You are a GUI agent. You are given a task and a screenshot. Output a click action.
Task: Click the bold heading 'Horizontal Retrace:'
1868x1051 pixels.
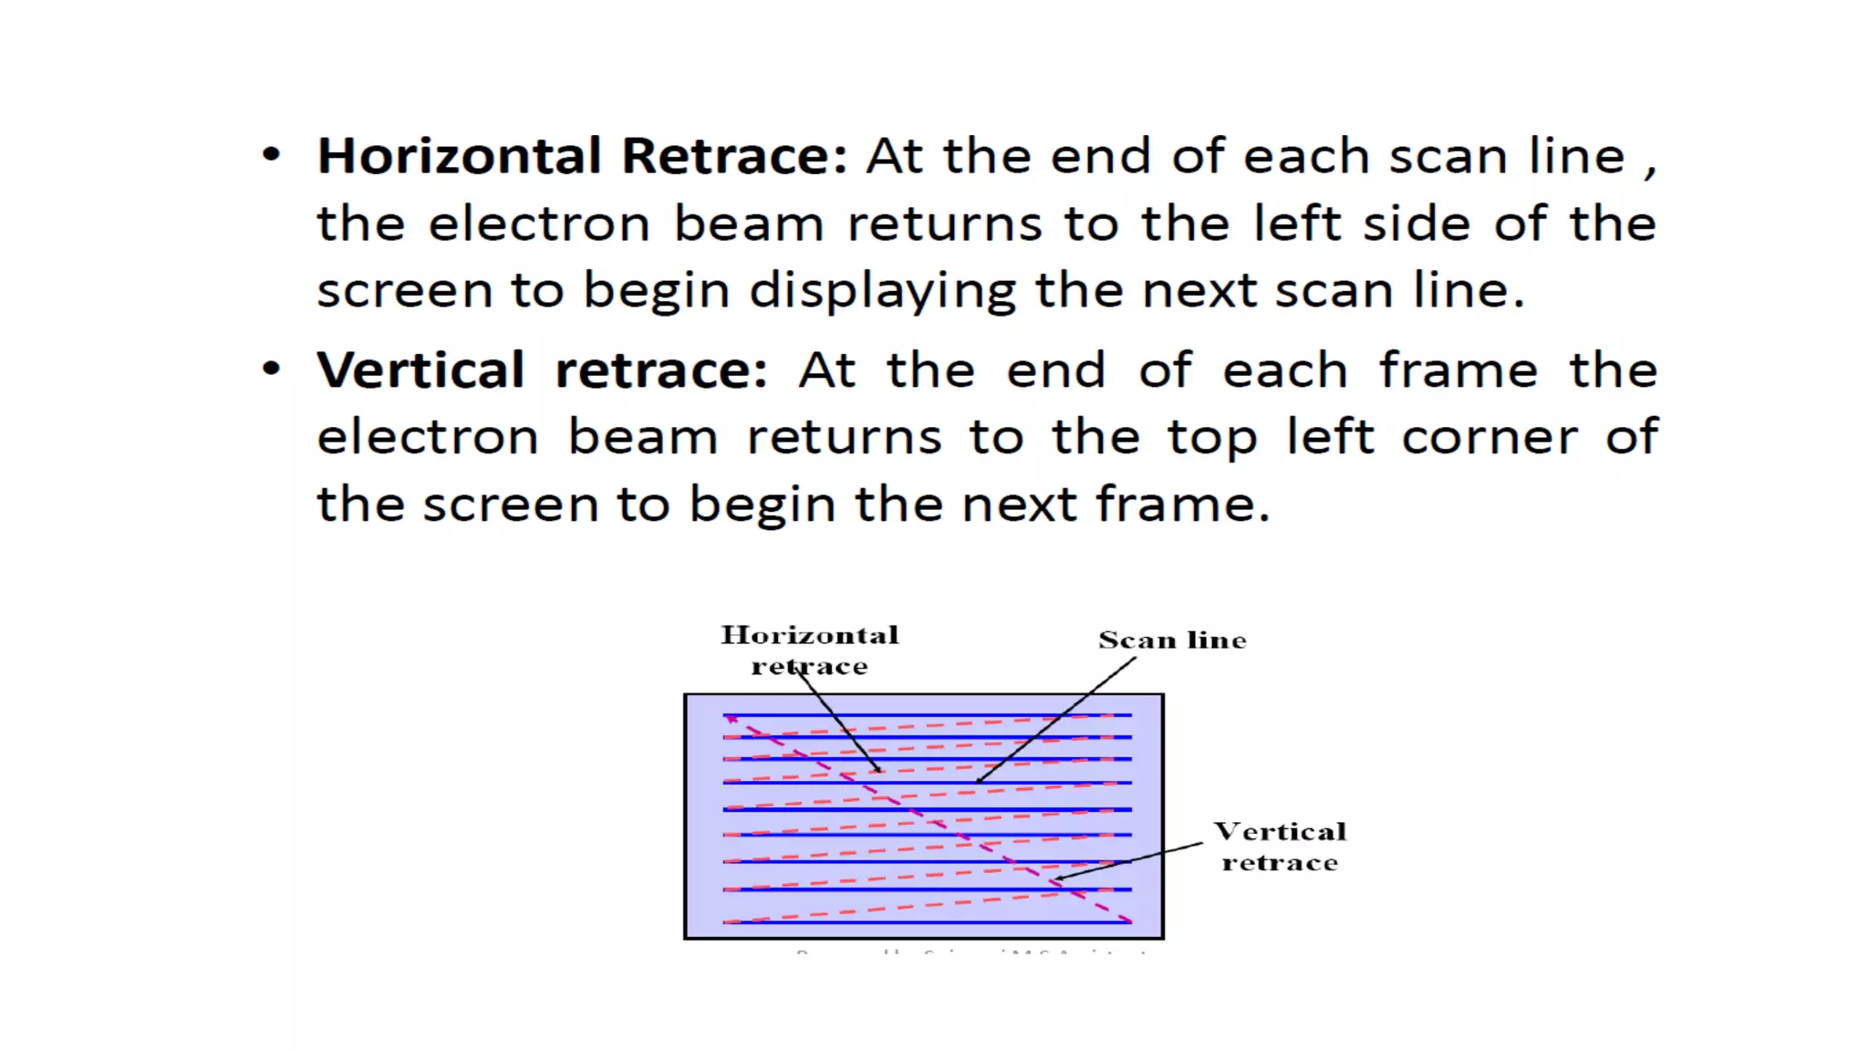pos(582,156)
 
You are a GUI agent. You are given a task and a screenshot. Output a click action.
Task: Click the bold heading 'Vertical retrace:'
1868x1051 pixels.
pos(542,370)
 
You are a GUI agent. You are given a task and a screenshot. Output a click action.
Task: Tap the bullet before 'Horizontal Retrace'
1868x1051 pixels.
pos(271,154)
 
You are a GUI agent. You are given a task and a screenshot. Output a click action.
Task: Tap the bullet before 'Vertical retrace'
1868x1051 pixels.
pos(271,369)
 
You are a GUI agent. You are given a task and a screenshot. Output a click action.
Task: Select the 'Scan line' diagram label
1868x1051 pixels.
pos(1172,640)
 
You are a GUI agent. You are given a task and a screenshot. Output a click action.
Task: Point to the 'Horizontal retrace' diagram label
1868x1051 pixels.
pos(810,650)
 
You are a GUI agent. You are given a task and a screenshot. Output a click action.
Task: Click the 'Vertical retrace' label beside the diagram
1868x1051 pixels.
pos(1280,847)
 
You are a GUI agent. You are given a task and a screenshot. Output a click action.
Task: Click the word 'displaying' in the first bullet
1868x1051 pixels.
pos(882,292)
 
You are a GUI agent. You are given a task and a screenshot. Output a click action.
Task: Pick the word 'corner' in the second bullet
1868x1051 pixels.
pos(1489,438)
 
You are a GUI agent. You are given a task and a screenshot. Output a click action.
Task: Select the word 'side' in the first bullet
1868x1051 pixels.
pos(1416,224)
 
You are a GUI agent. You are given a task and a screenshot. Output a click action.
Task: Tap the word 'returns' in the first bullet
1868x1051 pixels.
pos(944,224)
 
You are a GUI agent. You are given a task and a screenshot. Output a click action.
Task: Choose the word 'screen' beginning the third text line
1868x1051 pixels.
pos(404,292)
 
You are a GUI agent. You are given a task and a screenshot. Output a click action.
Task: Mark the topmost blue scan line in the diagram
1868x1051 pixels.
pos(927,715)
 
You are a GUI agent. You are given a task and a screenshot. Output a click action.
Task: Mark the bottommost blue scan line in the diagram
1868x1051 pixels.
pos(927,922)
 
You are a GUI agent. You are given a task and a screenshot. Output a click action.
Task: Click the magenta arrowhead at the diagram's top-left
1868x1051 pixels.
pos(732,720)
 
